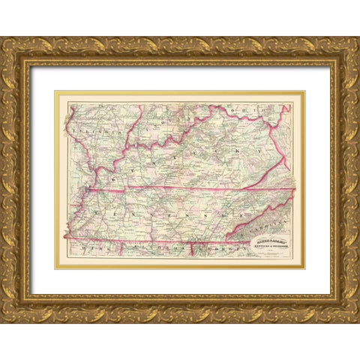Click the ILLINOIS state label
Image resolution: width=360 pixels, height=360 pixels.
coord(90,128)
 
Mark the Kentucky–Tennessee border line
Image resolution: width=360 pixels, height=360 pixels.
coord(187,187)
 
